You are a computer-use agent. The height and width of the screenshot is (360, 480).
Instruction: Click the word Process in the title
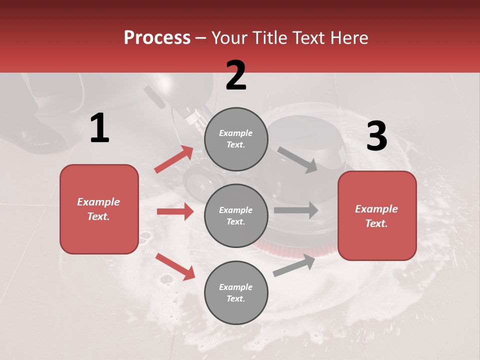157,38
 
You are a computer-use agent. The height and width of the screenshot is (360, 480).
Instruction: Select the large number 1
99,128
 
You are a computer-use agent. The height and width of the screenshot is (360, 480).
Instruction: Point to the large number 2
236,75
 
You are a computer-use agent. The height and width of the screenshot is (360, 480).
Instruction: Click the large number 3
376,136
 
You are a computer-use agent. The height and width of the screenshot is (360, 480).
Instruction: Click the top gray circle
236,139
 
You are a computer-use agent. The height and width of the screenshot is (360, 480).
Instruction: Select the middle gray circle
236,216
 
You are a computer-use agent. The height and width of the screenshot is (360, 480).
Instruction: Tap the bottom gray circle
236,293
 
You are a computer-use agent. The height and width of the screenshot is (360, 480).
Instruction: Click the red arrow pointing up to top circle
174,159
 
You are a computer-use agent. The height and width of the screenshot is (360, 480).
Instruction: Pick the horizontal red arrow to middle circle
175,211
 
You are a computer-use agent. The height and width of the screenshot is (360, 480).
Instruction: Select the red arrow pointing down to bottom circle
175,266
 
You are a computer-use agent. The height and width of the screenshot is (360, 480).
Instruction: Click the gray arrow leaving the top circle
297,159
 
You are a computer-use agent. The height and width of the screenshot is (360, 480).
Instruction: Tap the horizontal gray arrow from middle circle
295,210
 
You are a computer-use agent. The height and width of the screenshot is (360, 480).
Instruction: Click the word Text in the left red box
98,216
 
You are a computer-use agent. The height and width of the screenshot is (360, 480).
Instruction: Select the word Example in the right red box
376,209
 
